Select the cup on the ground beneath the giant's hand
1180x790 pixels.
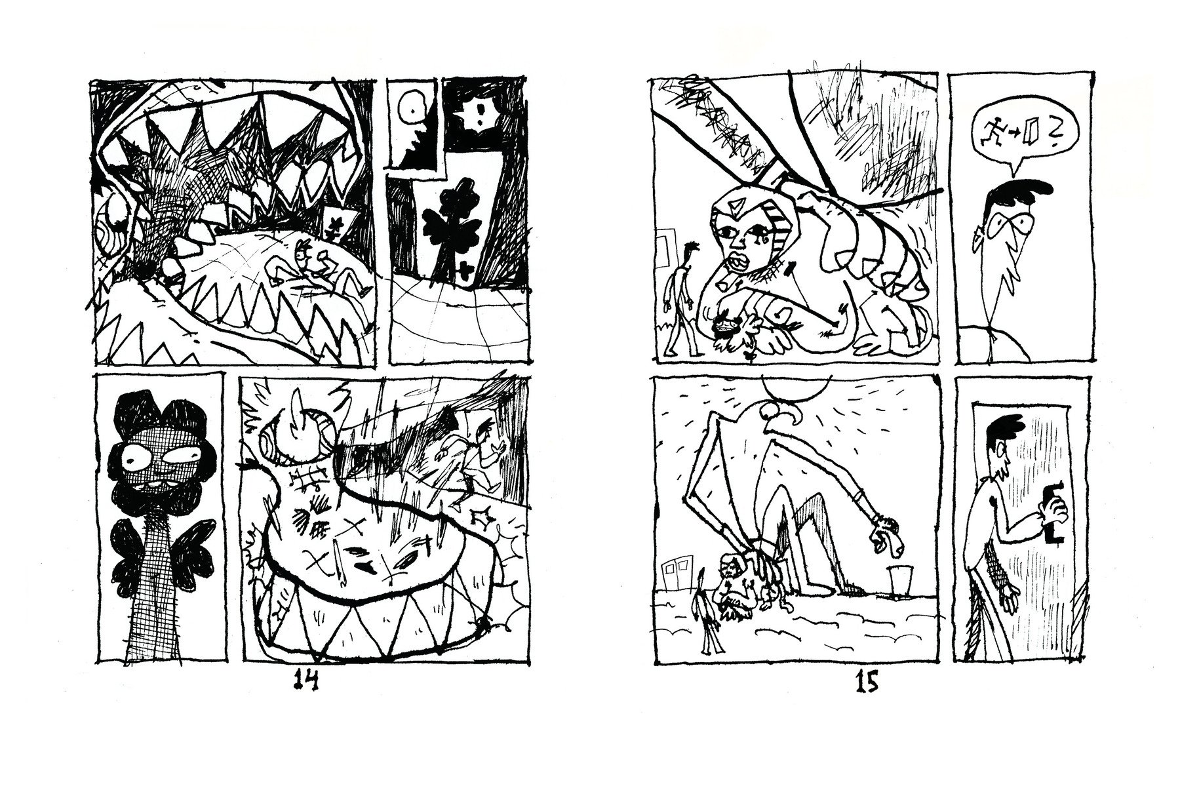pos(896,581)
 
